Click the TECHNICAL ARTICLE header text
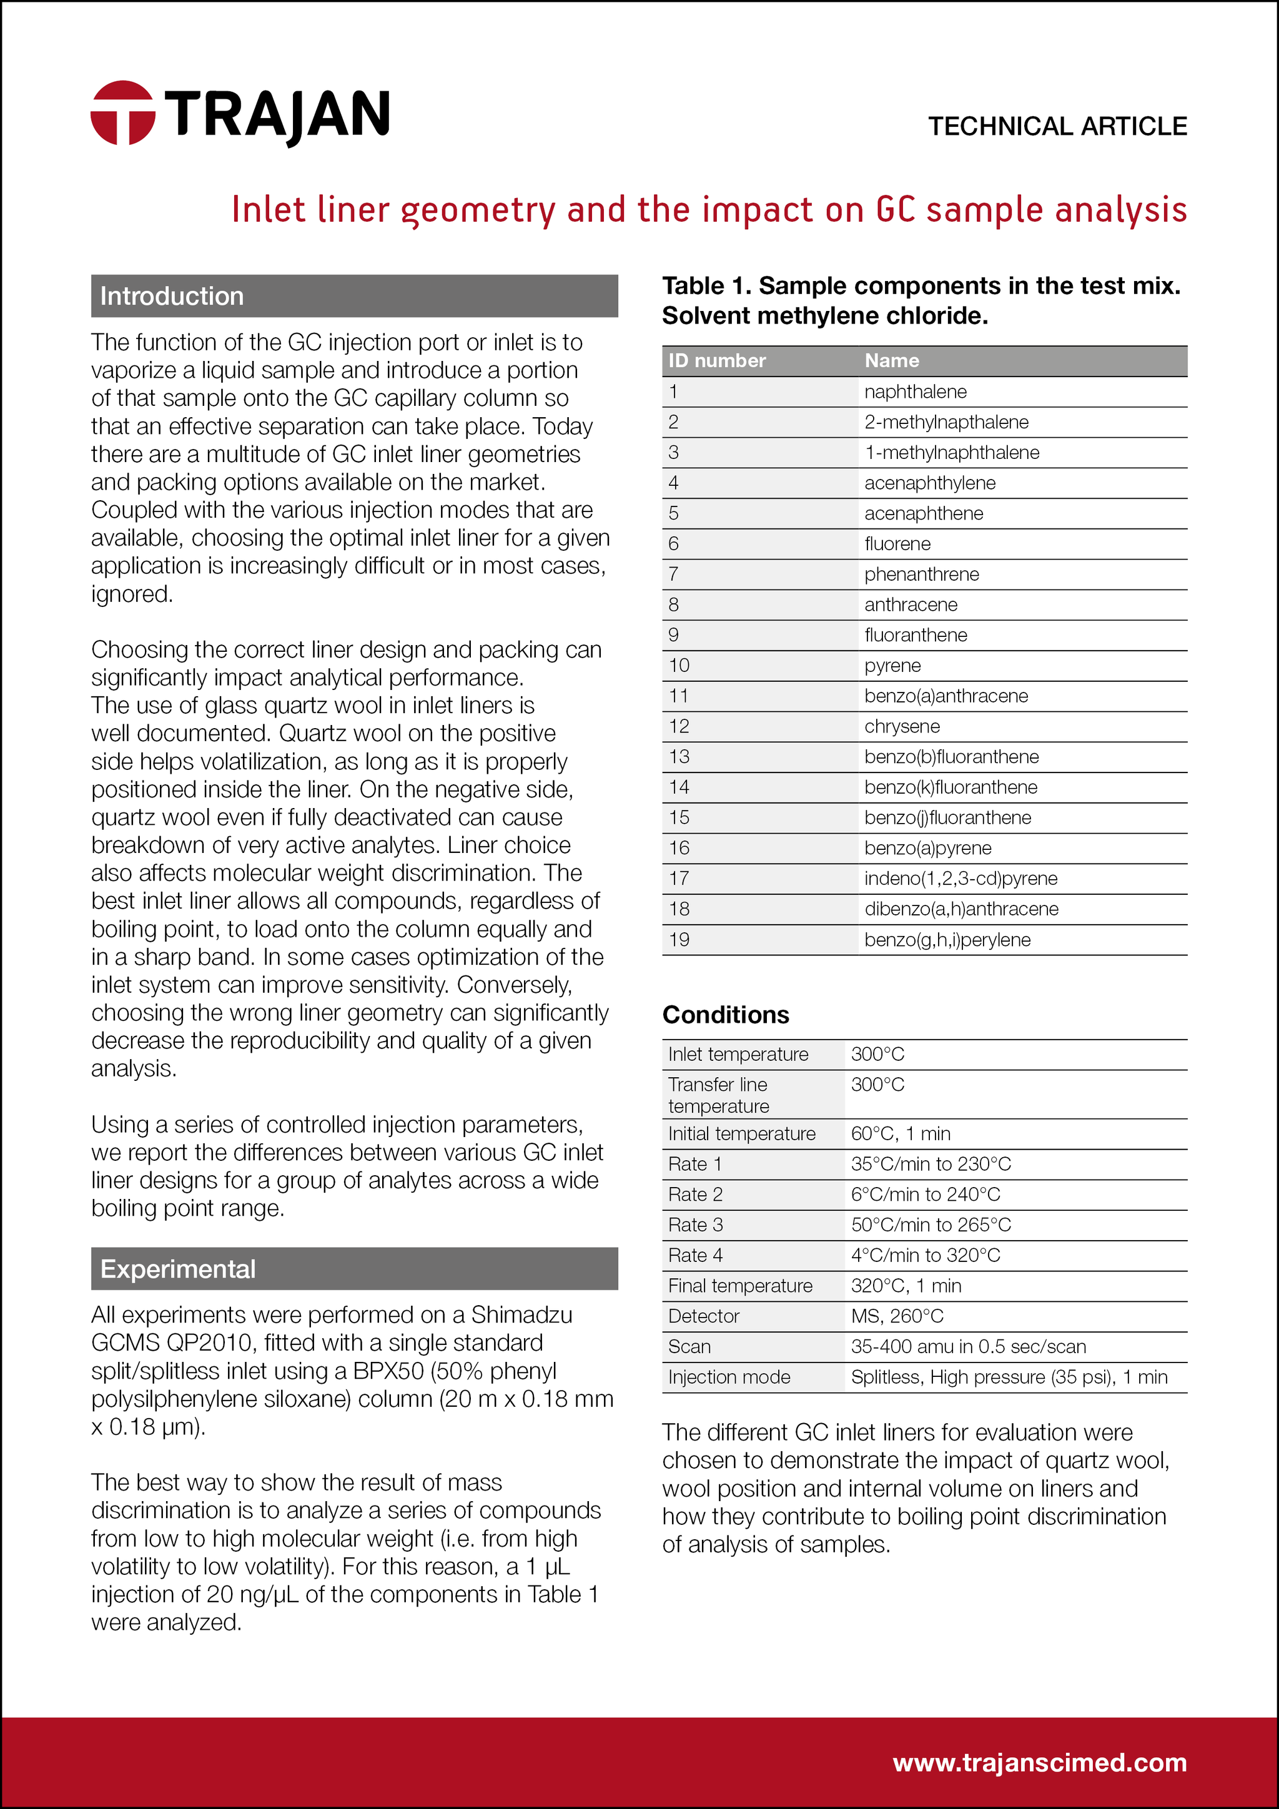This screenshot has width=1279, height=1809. coord(1057,126)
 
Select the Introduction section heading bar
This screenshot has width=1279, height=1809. coord(354,296)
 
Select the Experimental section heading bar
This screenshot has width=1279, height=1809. coord(354,1268)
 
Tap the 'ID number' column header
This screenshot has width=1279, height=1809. coord(716,361)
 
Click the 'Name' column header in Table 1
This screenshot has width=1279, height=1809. coord(891,361)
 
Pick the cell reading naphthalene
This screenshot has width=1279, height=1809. coord(915,392)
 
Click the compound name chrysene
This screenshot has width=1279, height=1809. coord(902,726)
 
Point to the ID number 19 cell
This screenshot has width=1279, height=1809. coord(679,940)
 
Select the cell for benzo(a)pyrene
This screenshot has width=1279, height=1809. coord(927,849)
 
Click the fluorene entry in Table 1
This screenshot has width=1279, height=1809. coord(897,544)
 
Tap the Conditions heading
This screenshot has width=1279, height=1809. coord(725,1015)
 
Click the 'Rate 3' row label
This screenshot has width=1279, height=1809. coord(695,1225)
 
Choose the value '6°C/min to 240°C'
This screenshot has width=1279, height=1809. coord(925,1195)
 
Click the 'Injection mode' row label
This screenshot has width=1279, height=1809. coord(729,1378)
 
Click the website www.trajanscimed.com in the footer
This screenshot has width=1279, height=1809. coord(1039,1763)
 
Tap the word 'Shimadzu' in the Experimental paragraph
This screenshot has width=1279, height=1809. coord(521,1315)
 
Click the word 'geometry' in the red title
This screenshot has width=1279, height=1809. coord(478,211)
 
